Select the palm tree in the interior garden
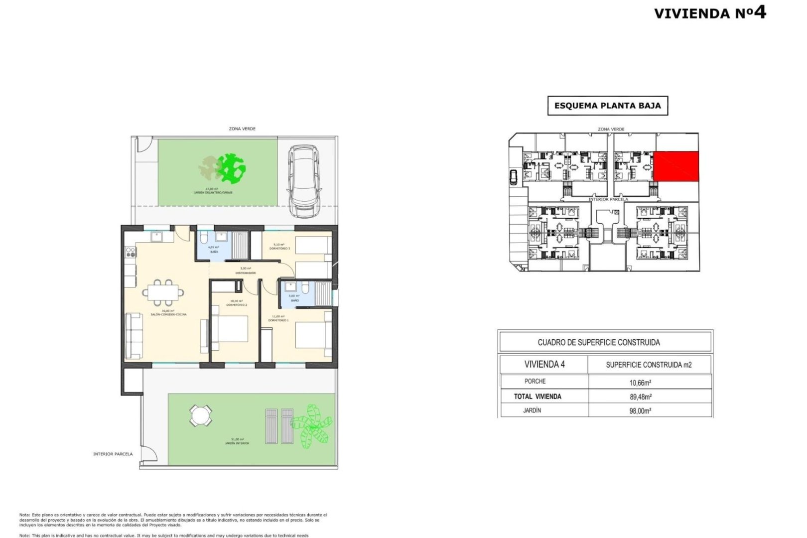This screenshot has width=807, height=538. click(311, 426)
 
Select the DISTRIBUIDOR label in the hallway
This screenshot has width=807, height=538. click(246, 273)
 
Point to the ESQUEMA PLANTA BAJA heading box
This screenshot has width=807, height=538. click(607, 106)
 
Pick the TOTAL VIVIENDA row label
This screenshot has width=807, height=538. click(538, 397)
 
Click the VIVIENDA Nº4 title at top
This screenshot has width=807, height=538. click(709, 12)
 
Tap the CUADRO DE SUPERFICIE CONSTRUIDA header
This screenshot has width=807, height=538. click(599, 343)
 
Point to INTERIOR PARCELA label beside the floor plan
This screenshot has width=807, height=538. click(113, 454)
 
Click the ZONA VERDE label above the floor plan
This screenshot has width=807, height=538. click(242, 129)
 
